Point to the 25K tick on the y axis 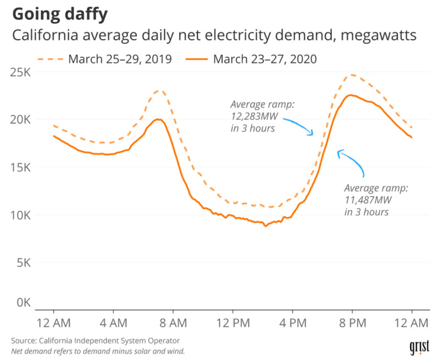point(23,72)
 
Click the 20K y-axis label point(23,119)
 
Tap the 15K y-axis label point(23,167)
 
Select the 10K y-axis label point(23,215)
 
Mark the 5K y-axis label point(25,263)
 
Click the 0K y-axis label point(25,303)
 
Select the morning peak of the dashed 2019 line point(159,91)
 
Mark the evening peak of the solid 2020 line point(350,95)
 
